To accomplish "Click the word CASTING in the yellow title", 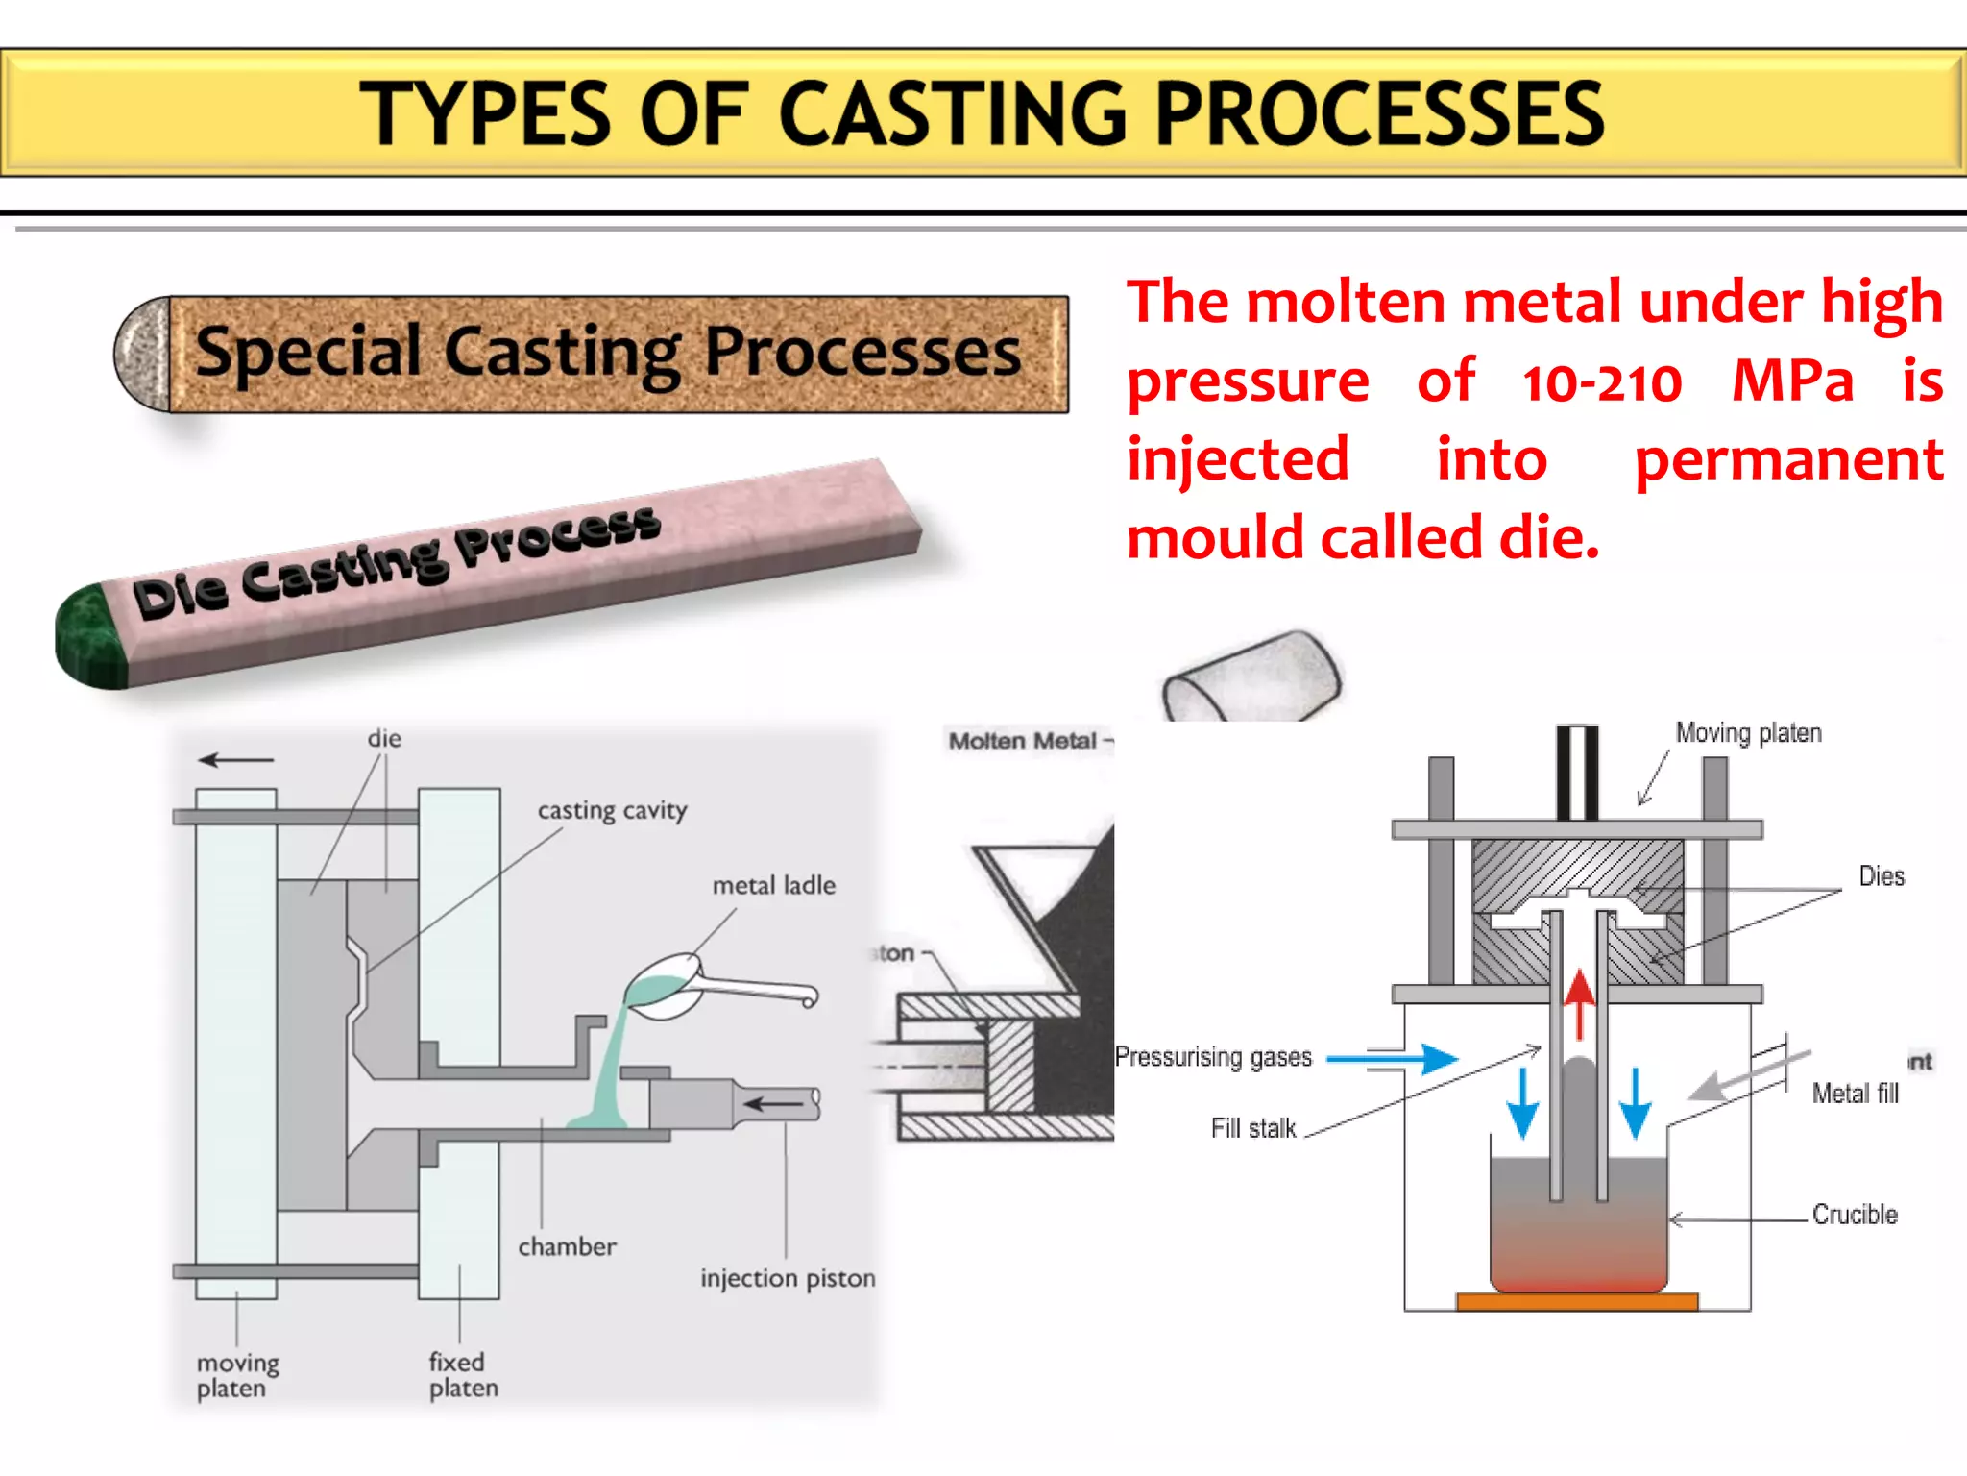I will (x=952, y=114).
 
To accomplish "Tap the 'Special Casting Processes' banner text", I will (x=607, y=353).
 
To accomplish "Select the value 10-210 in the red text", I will (x=1602, y=383).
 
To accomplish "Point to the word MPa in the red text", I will (x=1792, y=381).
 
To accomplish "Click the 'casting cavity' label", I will (x=612, y=811).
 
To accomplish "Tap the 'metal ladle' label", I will (x=773, y=885).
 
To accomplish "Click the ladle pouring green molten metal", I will (x=672, y=985).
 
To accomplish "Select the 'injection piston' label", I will (x=787, y=1278).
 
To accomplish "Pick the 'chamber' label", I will (x=567, y=1246).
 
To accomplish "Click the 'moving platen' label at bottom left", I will (x=236, y=1375).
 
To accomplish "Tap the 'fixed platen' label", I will (x=463, y=1375).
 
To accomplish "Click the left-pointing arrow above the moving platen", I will (x=236, y=760).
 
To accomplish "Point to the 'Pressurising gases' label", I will (x=1213, y=1057).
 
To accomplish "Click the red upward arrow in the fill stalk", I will (x=1578, y=1004).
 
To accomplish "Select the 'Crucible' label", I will (x=1854, y=1215).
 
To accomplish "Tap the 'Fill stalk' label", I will (x=1252, y=1128).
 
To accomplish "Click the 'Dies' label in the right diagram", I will (x=1881, y=876).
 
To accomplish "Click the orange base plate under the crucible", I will (x=1576, y=1302).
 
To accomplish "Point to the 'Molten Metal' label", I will (x=1024, y=741).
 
